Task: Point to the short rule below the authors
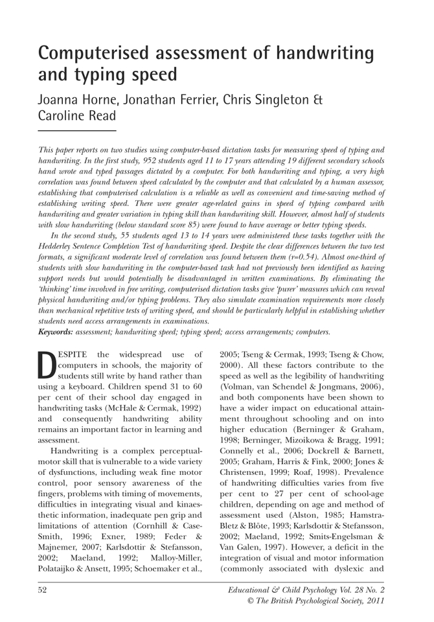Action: tap(77, 132)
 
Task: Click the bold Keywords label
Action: tap(56, 332)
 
